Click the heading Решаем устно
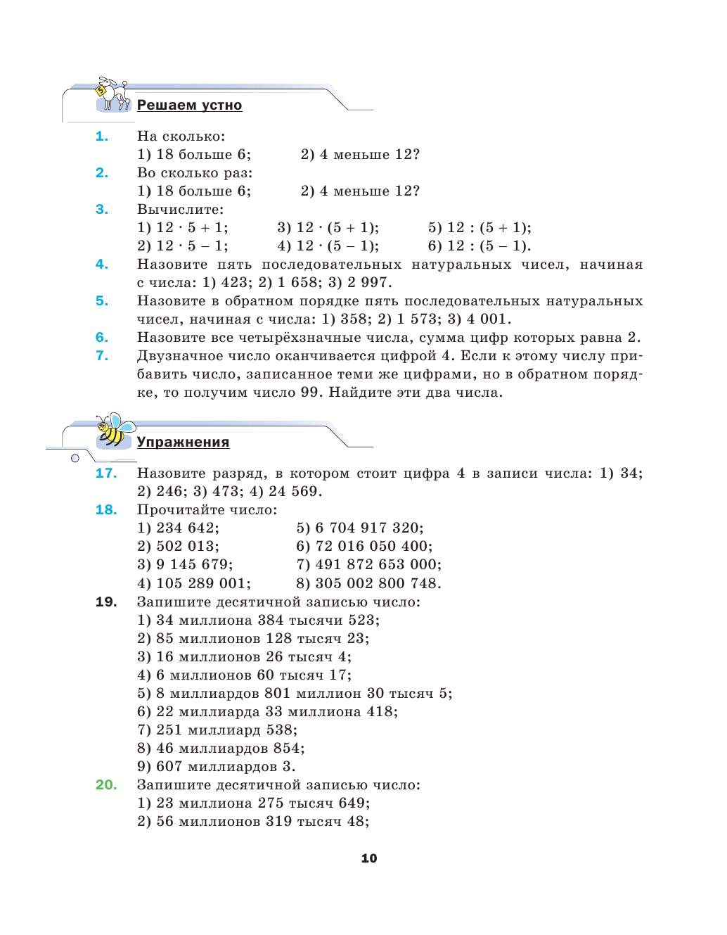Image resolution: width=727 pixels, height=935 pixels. tap(189, 106)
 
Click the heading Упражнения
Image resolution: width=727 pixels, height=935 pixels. tap(183, 443)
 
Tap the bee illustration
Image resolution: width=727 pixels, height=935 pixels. tap(114, 430)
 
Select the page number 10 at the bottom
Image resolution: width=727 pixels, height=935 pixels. tap(369, 858)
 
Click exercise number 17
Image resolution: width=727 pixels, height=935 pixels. tap(106, 473)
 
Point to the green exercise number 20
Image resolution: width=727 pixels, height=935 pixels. tap(106, 785)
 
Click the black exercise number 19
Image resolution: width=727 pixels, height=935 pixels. tap(106, 602)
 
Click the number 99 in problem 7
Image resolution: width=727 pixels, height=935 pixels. tap(310, 393)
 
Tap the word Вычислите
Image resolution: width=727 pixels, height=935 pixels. tap(180, 210)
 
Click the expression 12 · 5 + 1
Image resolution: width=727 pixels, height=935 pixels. tap(191, 228)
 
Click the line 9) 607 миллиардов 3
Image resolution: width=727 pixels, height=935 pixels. tap(216, 767)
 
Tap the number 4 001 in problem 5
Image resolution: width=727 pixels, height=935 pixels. tap(485, 319)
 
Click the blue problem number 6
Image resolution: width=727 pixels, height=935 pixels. tap(102, 338)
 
